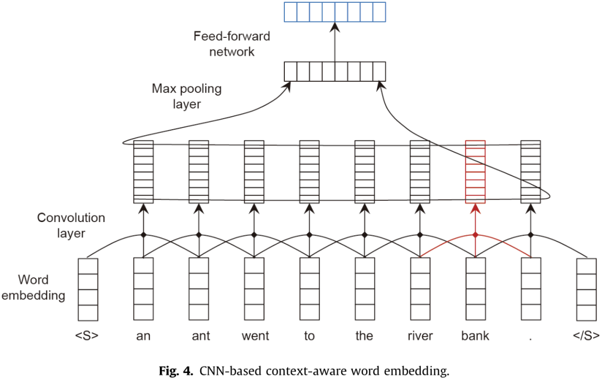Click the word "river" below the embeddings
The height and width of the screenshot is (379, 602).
point(420,336)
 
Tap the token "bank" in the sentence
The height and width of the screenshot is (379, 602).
point(475,336)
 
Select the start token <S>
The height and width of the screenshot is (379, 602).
point(88,336)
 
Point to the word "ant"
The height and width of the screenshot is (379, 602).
point(198,336)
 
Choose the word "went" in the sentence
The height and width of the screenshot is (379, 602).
point(255,336)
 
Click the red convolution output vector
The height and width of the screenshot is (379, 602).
point(475,171)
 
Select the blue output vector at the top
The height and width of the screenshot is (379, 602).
point(334,12)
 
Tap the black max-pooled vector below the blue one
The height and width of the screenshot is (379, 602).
point(334,71)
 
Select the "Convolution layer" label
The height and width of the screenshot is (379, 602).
point(71,225)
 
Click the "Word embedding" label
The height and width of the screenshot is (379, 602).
point(33,287)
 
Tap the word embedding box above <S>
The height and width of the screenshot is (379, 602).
point(88,289)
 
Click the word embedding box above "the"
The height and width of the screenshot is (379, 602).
point(365,289)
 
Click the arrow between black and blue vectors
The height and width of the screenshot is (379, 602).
point(334,42)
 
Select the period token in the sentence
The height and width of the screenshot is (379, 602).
point(530,336)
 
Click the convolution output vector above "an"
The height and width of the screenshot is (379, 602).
point(143,171)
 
